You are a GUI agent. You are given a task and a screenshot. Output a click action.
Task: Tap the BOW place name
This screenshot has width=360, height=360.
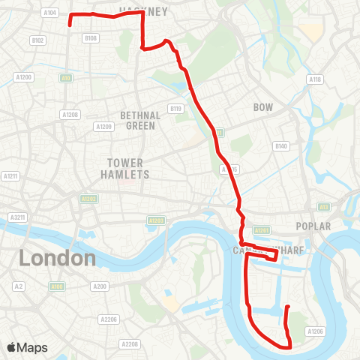(x=263, y=107)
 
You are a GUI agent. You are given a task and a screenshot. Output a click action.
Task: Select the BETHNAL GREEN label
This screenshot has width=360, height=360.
(x=138, y=121)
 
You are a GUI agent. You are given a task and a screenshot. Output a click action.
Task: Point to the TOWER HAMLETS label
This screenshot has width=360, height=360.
(x=128, y=169)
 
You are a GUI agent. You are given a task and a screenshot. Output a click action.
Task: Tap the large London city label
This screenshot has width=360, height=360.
(x=58, y=259)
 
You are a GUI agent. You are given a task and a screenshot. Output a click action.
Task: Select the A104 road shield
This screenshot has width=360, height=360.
(x=50, y=13)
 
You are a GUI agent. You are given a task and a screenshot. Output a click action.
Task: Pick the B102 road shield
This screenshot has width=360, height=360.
(x=38, y=40)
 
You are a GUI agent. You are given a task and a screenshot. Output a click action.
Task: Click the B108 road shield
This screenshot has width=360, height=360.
(x=91, y=37)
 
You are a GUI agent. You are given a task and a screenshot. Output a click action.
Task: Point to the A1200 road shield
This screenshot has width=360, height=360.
(x=23, y=77)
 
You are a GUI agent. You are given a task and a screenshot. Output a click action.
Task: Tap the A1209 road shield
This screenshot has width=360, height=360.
(x=103, y=126)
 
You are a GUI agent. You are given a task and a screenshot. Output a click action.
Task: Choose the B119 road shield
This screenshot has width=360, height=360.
(x=176, y=109)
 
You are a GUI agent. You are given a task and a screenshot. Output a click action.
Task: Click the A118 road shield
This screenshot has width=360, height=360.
(x=314, y=79)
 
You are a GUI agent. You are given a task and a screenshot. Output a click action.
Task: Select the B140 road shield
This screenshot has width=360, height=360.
(x=281, y=145)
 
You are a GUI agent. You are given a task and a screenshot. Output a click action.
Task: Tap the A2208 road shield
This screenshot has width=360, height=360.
(x=130, y=344)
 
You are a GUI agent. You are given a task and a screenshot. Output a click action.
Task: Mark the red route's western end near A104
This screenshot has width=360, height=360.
(x=70, y=25)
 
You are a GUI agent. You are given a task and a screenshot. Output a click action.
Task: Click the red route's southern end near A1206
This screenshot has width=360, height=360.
(x=287, y=306)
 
